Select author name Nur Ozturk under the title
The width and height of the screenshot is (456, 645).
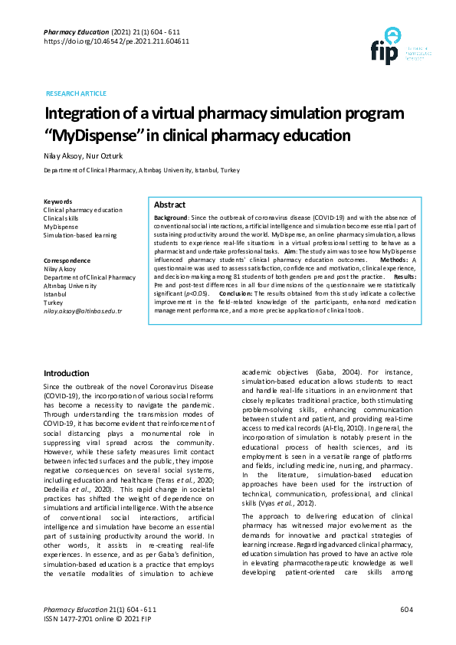click(x=106, y=156)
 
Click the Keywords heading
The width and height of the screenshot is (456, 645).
click(x=58, y=201)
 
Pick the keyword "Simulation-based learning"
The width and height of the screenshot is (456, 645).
click(x=80, y=235)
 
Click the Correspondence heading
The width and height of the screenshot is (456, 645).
click(x=67, y=260)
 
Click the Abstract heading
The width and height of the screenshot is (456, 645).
click(x=169, y=205)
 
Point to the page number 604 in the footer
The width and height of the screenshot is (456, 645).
click(x=406, y=609)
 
